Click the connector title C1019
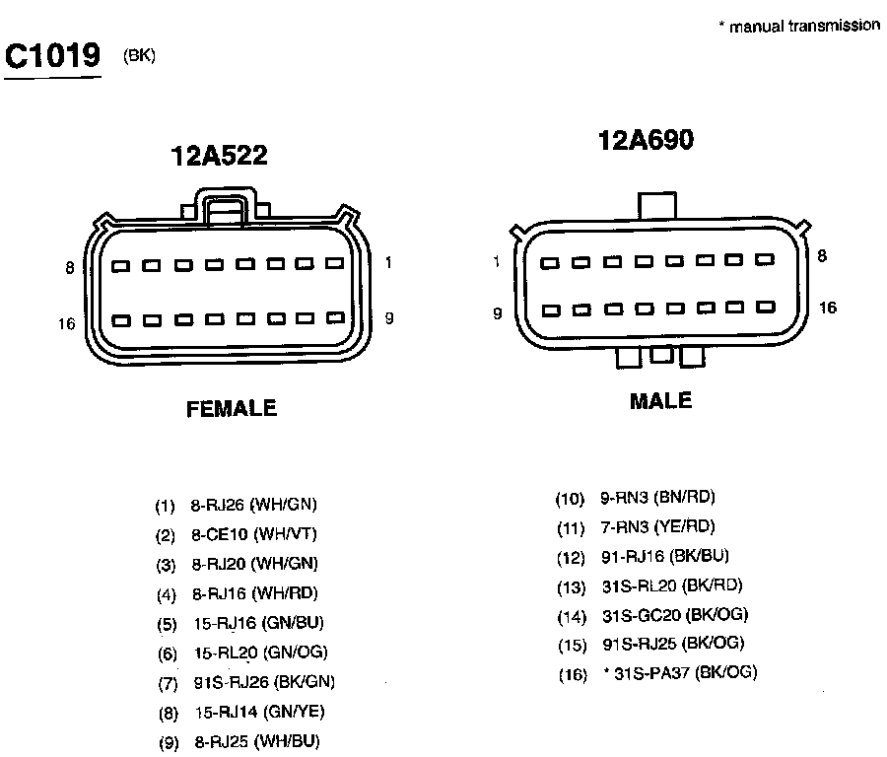53,56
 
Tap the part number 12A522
220,156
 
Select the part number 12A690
646,141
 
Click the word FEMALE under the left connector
232,408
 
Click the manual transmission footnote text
799,27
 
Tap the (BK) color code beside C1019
140,55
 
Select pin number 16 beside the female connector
67,323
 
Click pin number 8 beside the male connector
823,256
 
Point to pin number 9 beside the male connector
498,313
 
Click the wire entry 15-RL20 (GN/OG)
260,653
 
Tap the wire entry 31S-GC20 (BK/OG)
675,615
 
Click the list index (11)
572,528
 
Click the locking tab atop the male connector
657,206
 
